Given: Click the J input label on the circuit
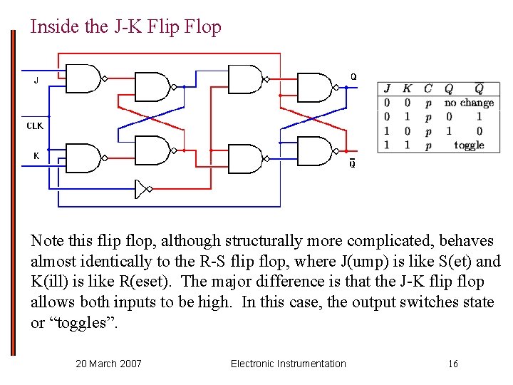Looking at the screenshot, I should (x=36, y=81).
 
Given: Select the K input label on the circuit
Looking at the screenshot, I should (x=36, y=155).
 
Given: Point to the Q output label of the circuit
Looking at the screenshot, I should (x=353, y=76).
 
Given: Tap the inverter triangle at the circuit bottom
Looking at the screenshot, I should (x=142, y=189).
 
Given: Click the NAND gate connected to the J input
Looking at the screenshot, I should (x=83, y=78).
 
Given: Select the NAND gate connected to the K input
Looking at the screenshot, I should (x=83, y=158).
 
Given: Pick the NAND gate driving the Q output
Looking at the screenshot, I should (x=314, y=87).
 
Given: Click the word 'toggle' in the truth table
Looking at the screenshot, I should (x=469, y=145).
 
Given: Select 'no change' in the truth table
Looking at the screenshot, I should (x=469, y=103).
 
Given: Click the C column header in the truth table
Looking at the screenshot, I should (x=428, y=89).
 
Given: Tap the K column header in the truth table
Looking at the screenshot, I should (x=407, y=89).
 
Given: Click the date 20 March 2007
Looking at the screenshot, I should (x=108, y=364).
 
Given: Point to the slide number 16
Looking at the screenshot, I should (x=453, y=364).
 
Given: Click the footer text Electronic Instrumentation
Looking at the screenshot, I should (x=288, y=364).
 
